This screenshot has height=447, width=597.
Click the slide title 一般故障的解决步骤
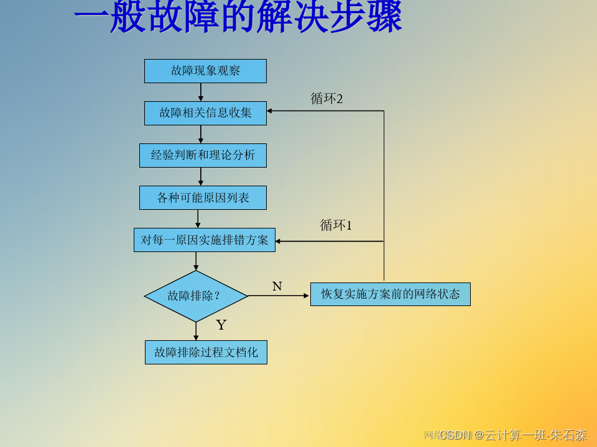(238, 17)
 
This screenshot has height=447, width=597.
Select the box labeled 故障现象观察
(205, 71)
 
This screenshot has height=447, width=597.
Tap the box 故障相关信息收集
(205, 113)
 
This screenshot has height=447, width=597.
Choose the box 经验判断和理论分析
(203, 155)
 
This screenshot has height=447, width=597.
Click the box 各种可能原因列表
(203, 197)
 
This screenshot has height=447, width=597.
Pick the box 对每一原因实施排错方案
(205, 240)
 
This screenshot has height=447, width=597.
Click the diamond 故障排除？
(196, 296)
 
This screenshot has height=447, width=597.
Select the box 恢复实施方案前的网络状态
(390, 294)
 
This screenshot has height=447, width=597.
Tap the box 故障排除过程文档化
(206, 353)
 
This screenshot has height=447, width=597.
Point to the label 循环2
(326, 99)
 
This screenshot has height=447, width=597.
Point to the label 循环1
(336, 225)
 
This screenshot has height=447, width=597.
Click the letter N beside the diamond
(277, 286)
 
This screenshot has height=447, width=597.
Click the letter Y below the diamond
(221, 325)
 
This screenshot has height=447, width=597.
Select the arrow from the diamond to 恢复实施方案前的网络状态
(279, 296)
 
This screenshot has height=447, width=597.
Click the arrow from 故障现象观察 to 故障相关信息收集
(201, 92)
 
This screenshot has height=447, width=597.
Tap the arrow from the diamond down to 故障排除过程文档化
(196, 331)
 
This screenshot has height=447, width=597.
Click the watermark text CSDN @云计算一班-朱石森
(513, 435)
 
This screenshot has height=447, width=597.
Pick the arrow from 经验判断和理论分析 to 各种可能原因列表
(200, 176)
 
